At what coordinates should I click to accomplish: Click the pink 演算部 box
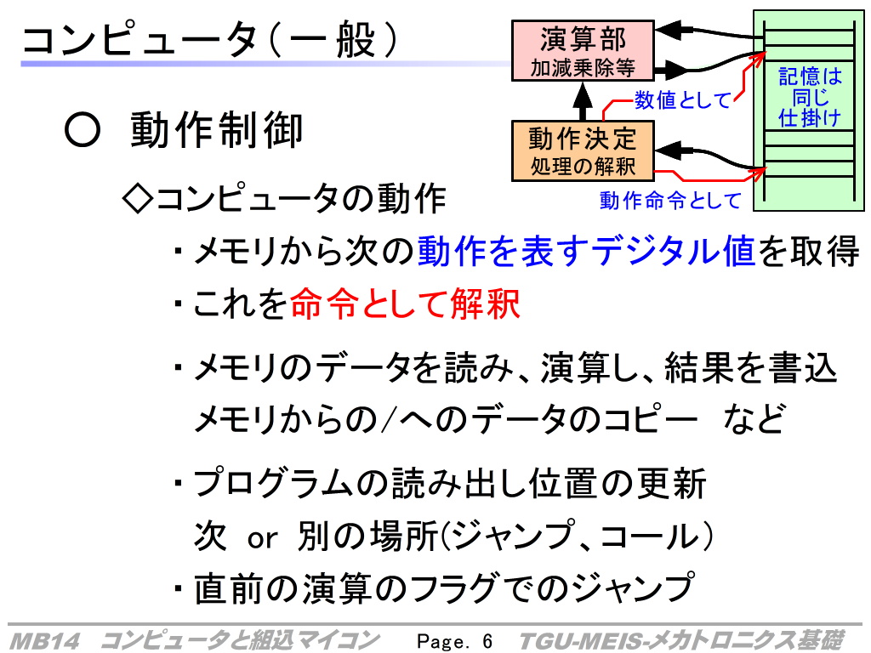click(583, 51)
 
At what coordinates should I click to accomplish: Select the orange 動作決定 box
click(583, 151)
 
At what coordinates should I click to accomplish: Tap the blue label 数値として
click(683, 100)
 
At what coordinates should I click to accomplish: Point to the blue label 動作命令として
click(670, 200)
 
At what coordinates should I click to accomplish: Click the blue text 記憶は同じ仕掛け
click(810, 97)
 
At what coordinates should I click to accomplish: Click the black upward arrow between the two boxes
click(582, 102)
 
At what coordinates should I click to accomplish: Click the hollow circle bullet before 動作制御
click(83, 130)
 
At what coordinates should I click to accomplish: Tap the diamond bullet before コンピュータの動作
click(137, 198)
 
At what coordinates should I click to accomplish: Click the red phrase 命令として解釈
click(405, 304)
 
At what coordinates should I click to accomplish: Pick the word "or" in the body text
click(262, 538)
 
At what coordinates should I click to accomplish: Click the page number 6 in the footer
click(487, 641)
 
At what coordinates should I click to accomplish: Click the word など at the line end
click(754, 418)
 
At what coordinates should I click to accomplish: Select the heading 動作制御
click(217, 130)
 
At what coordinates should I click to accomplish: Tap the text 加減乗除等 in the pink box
click(583, 68)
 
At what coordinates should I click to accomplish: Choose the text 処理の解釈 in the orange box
click(583, 166)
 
